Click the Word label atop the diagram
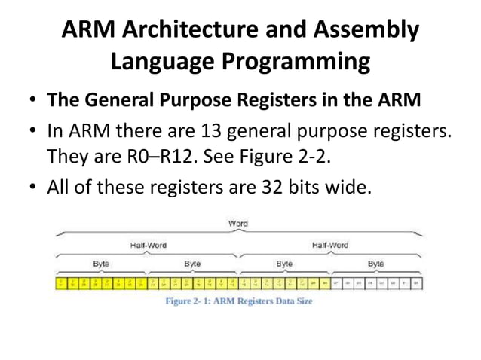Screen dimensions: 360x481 point(238,223)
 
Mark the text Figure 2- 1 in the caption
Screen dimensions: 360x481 point(191,301)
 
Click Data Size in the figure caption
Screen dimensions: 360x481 point(293,301)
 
